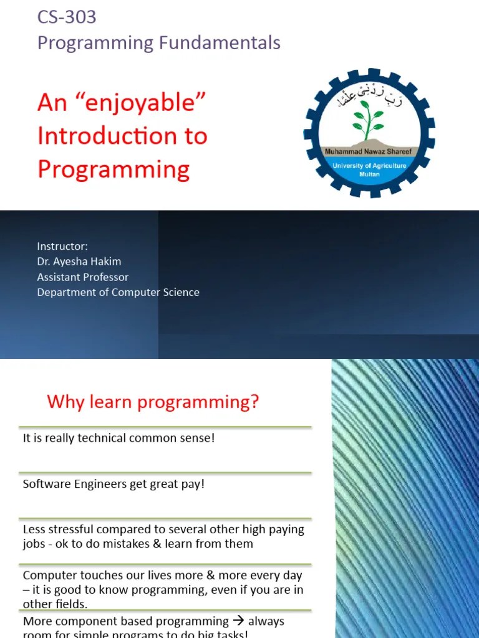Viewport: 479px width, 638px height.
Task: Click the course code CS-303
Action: point(67,17)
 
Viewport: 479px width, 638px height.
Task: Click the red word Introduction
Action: point(122,136)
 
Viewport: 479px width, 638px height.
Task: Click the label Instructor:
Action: point(62,246)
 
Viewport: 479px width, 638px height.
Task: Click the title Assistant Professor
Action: point(82,277)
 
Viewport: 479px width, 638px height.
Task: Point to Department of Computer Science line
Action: point(118,292)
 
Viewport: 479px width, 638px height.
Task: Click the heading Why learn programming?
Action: point(153,402)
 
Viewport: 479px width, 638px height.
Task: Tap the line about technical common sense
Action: point(119,438)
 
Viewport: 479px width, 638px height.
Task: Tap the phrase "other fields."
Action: point(56,604)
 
